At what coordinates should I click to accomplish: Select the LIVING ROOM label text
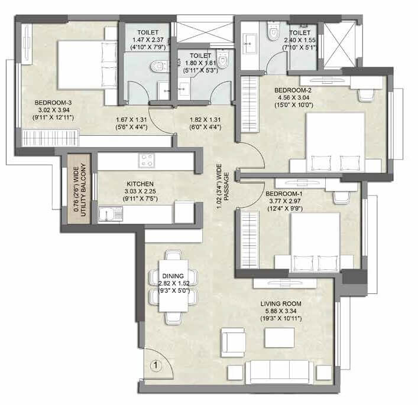281,304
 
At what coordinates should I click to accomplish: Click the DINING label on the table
174,276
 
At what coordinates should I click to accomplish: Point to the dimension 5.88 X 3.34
281,312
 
